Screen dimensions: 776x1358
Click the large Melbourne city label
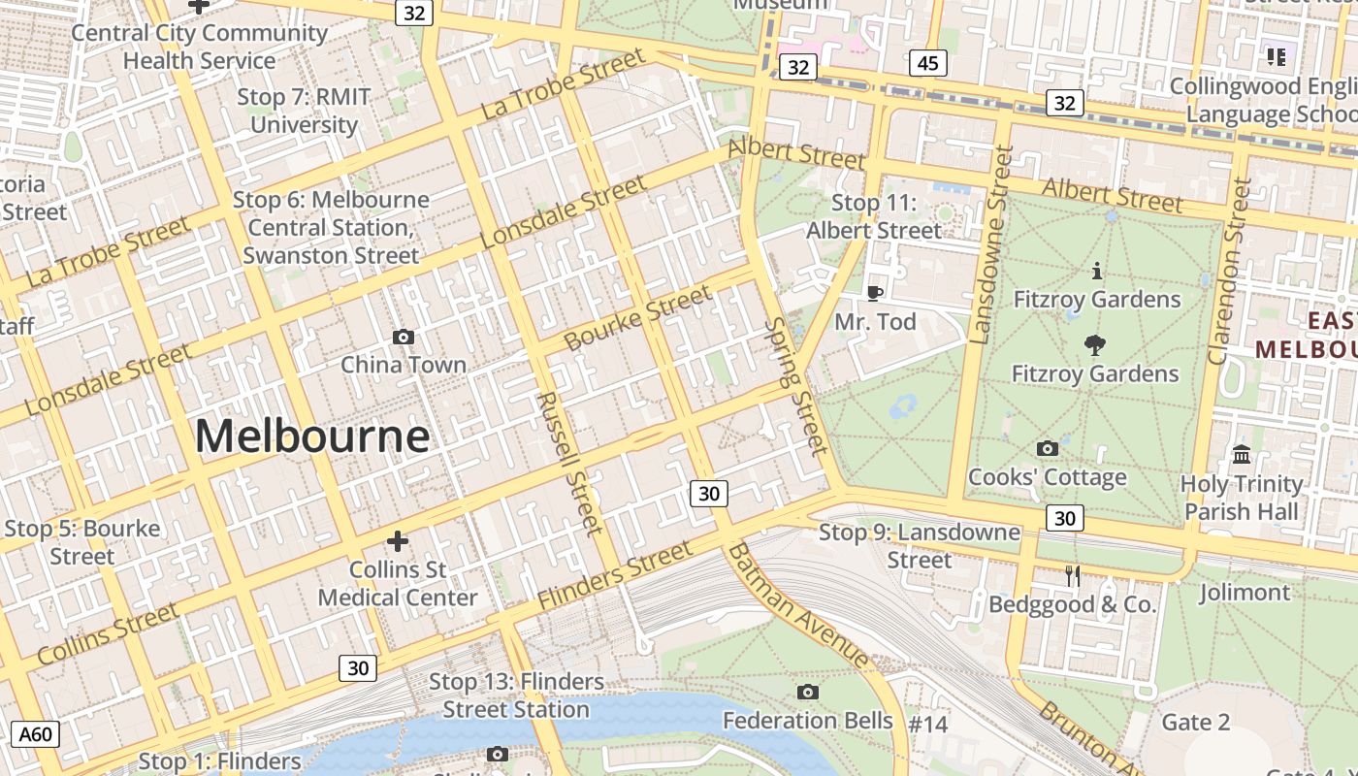(x=312, y=436)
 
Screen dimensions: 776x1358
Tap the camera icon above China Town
(x=404, y=337)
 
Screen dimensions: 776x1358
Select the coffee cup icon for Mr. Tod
(x=875, y=293)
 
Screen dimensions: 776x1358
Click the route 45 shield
(x=928, y=64)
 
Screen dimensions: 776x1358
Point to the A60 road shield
(x=36, y=734)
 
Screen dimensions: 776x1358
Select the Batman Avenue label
(x=797, y=605)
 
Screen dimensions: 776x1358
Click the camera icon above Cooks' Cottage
(x=1048, y=448)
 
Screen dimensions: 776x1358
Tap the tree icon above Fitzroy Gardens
(x=1096, y=344)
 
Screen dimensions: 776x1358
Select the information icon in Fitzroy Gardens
(x=1097, y=271)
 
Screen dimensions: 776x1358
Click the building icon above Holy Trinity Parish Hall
(x=1242, y=454)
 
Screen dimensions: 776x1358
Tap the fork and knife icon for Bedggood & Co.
(x=1073, y=576)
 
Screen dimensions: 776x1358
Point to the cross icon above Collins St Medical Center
(x=398, y=541)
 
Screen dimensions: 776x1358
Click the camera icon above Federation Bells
(x=807, y=692)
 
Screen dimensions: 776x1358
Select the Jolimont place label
(x=1245, y=592)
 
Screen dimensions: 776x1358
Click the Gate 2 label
(x=1195, y=723)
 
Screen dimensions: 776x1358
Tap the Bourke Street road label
(x=637, y=319)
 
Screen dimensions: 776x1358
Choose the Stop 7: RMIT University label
(x=305, y=112)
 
